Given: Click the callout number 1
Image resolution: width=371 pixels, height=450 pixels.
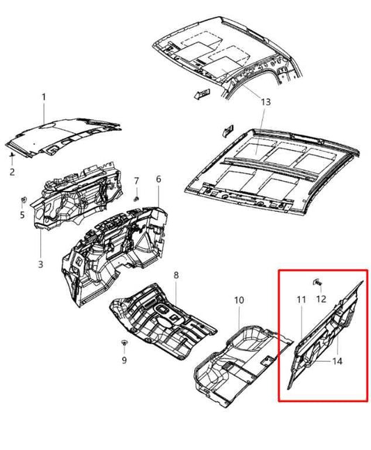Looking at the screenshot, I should (44, 97).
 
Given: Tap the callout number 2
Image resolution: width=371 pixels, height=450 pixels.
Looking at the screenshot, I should (12, 171).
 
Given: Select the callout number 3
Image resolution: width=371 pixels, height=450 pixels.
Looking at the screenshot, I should (40, 264).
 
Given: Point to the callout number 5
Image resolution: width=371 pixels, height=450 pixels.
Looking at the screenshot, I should (22, 215).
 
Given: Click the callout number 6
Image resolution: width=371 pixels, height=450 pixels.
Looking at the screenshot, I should (158, 179).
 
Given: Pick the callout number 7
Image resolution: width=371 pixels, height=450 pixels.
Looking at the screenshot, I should (137, 181).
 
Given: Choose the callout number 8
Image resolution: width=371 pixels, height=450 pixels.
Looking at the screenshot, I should (176, 276).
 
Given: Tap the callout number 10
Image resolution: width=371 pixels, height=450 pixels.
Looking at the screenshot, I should (239, 300).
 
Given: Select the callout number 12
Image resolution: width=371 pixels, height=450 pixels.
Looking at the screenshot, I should (321, 300).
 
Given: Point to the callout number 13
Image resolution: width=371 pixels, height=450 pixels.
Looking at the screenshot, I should (265, 102).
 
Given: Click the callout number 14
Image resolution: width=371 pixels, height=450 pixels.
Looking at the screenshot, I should (337, 361).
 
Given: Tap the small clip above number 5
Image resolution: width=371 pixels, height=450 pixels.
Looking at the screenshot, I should (24, 202).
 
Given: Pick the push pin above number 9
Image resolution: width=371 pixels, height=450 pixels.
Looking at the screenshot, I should (123, 344).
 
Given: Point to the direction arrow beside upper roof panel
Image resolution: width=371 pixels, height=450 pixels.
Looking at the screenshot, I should (200, 94).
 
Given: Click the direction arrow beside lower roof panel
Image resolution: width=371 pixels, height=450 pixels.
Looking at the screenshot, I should (228, 130).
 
